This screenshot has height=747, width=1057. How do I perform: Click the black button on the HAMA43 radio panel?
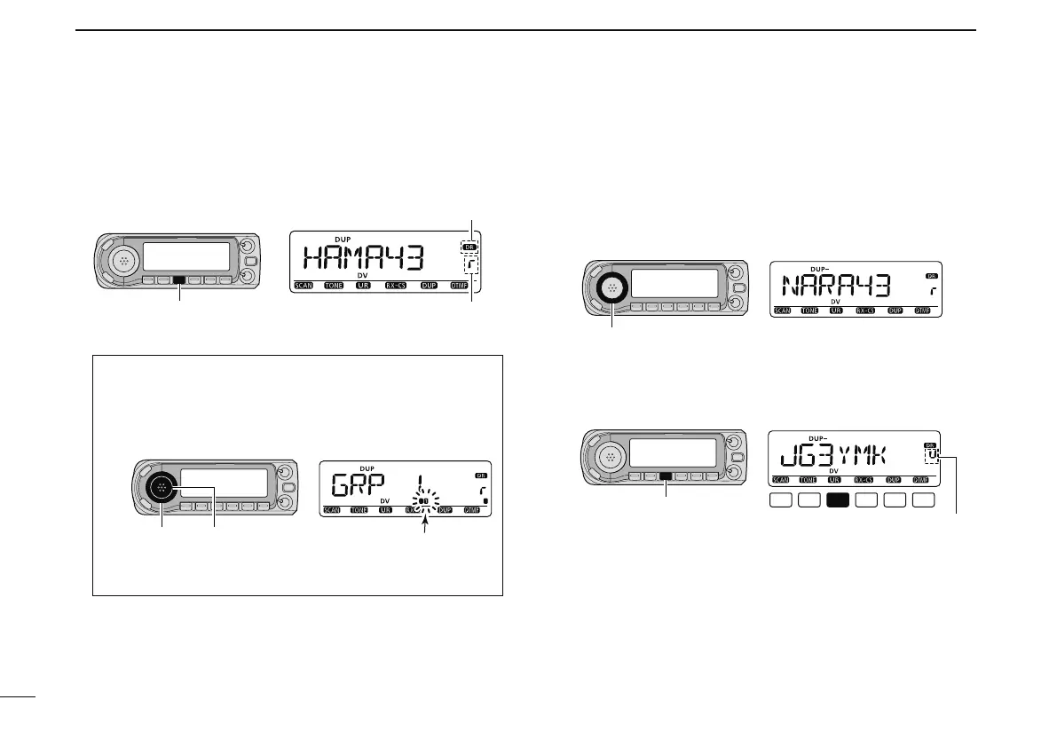[180, 280]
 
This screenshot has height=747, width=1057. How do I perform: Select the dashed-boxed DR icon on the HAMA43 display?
[469, 247]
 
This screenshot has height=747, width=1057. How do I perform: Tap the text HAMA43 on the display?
[364, 258]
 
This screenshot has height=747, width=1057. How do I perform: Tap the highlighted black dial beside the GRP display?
[162, 487]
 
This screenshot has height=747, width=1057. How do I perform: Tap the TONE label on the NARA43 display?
[809, 311]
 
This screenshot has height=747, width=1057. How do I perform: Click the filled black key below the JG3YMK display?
[838, 502]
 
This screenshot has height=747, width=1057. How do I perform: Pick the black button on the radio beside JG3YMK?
[666, 476]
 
